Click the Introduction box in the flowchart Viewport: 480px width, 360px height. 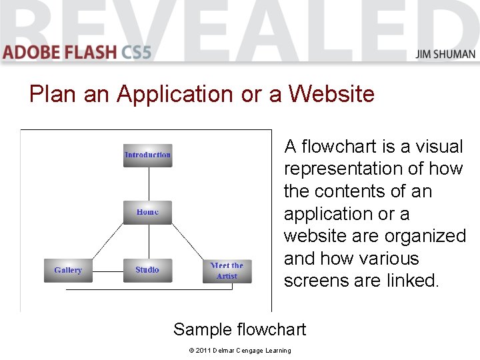click(147, 155)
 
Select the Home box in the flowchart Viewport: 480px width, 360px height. click(147, 212)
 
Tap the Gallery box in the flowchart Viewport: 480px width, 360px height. click(68, 270)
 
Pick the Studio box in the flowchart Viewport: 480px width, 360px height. click(147, 270)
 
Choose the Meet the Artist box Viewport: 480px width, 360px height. click(227, 271)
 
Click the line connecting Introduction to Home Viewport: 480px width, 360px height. click(148, 183)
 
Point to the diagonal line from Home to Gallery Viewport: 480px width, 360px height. click(107, 241)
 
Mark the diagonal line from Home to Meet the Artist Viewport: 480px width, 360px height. click(187, 241)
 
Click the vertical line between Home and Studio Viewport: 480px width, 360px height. click(148, 241)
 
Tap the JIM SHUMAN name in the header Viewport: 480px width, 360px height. click(445, 54)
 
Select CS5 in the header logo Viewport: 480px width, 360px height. click(137, 52)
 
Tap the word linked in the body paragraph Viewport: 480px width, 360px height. click(413, 281)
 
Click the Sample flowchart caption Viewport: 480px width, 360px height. click(239, 329)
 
